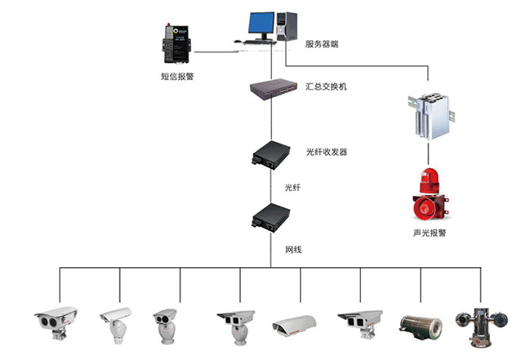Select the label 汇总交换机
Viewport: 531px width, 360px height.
[325, 86]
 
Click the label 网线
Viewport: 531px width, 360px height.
[292, 248]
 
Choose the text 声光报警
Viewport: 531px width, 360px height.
[430, 233]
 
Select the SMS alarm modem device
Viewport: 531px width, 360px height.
[176, 45]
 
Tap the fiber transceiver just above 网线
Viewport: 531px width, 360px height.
[270, 216]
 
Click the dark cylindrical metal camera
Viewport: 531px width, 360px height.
[420, 324]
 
